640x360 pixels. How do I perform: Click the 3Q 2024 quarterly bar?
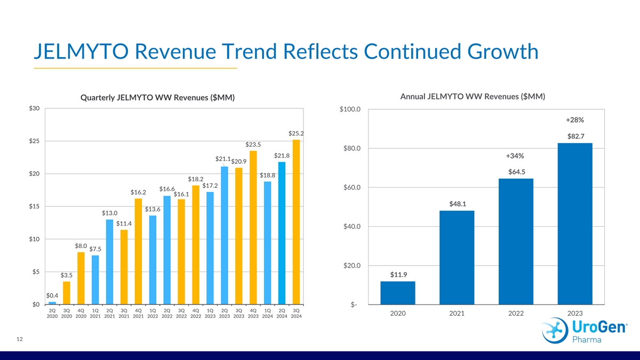pos(296,222)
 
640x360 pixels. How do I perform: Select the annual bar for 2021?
pos(457,257)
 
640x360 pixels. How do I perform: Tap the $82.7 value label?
pos(575,137)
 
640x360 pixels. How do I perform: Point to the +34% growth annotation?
pos(515,156)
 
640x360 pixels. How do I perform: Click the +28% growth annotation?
pos(575,120)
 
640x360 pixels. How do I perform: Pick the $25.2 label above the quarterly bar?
pos(296,133)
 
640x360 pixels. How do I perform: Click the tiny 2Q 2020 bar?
pos(52,303)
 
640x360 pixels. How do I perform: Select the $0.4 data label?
pos(52,295)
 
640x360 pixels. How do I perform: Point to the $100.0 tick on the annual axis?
pos(350,110)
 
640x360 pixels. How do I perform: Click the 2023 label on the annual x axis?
pos(575,314)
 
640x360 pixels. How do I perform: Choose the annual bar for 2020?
pos(398,293)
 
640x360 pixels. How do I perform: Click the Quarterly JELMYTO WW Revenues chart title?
pos(157,98)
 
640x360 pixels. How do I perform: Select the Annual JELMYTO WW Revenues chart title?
pos(472,97)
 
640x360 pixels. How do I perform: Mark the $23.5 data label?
pos(253,145)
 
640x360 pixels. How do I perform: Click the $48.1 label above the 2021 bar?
pos(457,204)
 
